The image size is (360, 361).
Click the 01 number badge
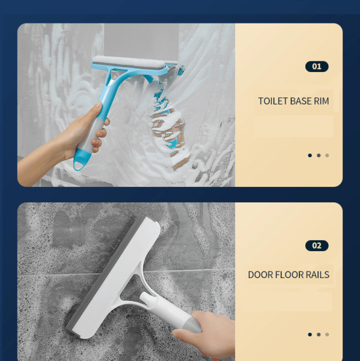tap(317, 67)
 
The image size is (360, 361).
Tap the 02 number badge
tap(317, 246)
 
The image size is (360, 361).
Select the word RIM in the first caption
tap(322, 101)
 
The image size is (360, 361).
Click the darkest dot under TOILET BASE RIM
tap(310, 156)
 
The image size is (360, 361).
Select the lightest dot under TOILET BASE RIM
tap(327, 156)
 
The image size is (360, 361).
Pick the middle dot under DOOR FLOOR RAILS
tap(319, 335)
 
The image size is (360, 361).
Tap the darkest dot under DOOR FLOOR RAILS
tap(310, 335)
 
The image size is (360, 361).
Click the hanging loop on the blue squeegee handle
tap(80, 161)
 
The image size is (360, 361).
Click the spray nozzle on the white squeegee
tap(147, 299)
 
